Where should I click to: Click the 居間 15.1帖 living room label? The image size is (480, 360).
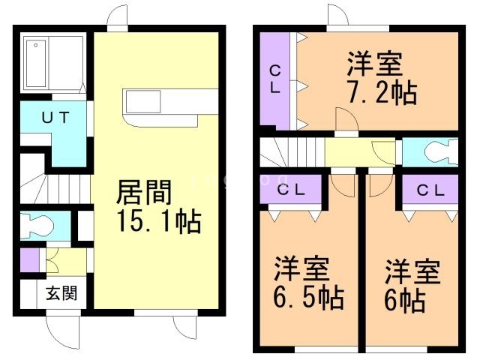[157, 205]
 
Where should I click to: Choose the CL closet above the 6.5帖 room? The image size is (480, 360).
[292, 190]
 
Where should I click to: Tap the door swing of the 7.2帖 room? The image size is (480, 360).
[346, 120]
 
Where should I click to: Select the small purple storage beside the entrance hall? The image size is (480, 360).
[29, 259]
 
